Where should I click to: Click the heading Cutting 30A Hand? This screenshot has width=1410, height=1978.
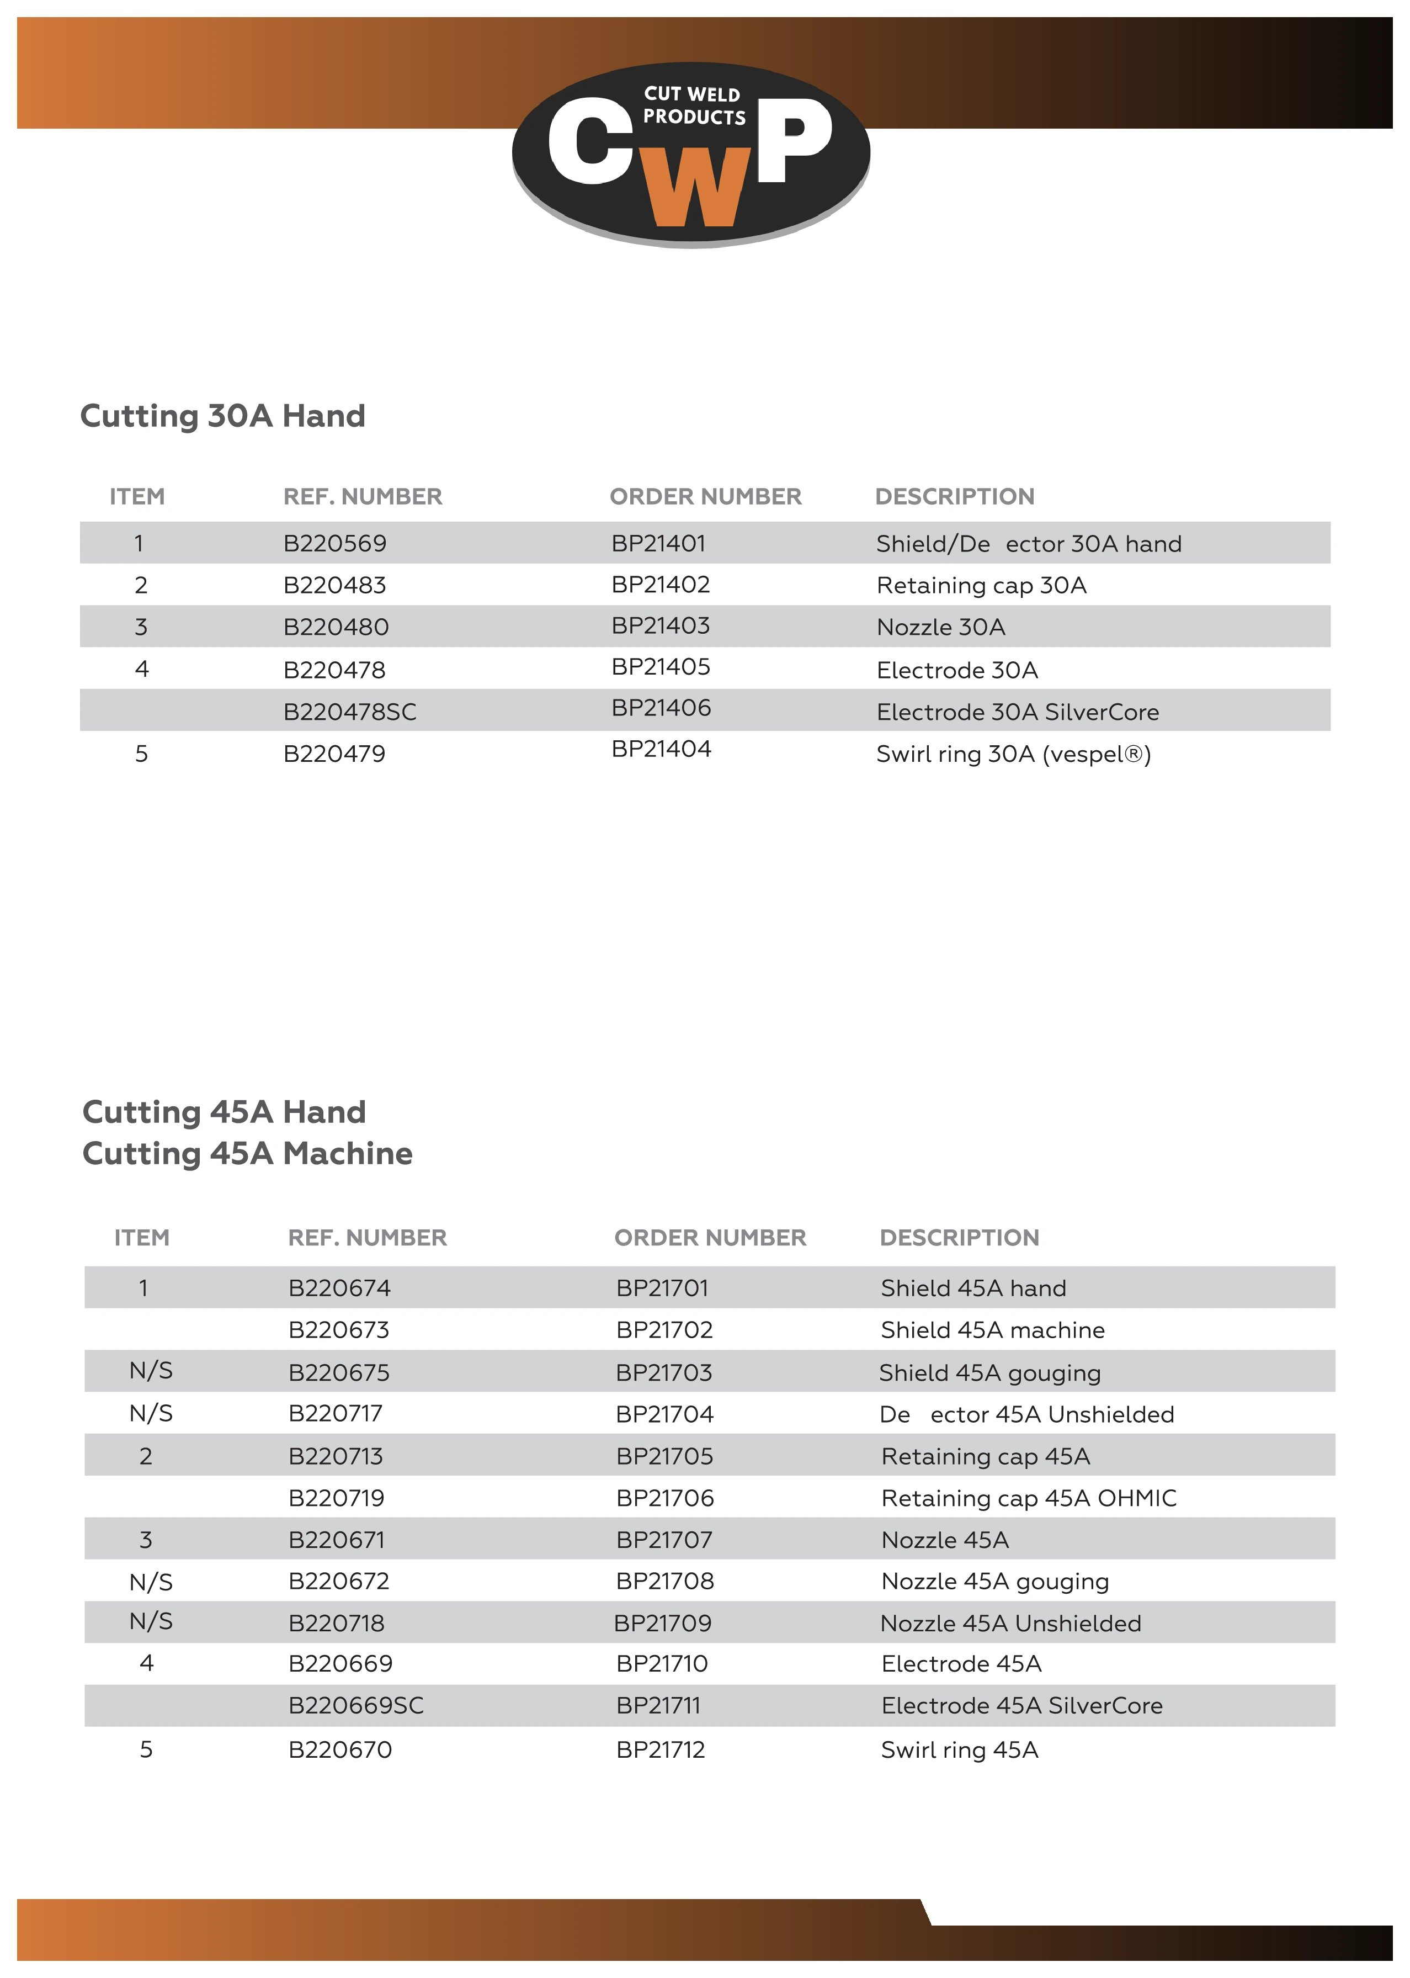click(222, 416)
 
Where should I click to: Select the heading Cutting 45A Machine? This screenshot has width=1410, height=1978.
click(247, 1153)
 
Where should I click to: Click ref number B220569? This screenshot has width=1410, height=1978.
click(334, 544)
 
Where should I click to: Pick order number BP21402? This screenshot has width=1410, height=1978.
click(660, 585)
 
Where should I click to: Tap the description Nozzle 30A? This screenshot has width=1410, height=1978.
click(940, 627)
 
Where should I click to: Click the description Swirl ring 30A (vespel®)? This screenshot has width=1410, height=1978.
click(1013, 754)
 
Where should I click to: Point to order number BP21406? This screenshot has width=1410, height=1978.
click(661, 708)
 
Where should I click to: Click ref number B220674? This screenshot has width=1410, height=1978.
click(339, 1288)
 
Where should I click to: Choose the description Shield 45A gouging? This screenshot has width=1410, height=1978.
click(990, 1373)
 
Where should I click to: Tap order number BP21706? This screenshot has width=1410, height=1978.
click(664, 1498)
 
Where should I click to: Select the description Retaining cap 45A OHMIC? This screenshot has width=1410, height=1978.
click(1028, 1498)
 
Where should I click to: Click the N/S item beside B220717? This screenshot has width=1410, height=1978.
click(151, 1414)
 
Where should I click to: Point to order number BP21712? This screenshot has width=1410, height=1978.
click(660, 1749)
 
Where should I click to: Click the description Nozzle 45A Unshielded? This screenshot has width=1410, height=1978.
click(1010, 1623)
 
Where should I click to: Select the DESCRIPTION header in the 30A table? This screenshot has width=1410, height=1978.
click(954, 497)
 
